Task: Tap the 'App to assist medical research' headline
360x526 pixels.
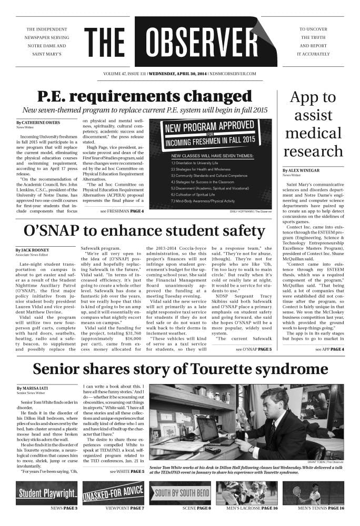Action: tap(313, 124)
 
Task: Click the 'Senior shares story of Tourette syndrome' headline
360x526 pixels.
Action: tap(179, 368)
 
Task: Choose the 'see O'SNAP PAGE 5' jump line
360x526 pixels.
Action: tap(254, 349)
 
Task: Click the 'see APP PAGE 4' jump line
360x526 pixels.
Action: tap(329, 349)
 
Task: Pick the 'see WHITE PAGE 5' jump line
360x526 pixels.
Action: tap(127, 471)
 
